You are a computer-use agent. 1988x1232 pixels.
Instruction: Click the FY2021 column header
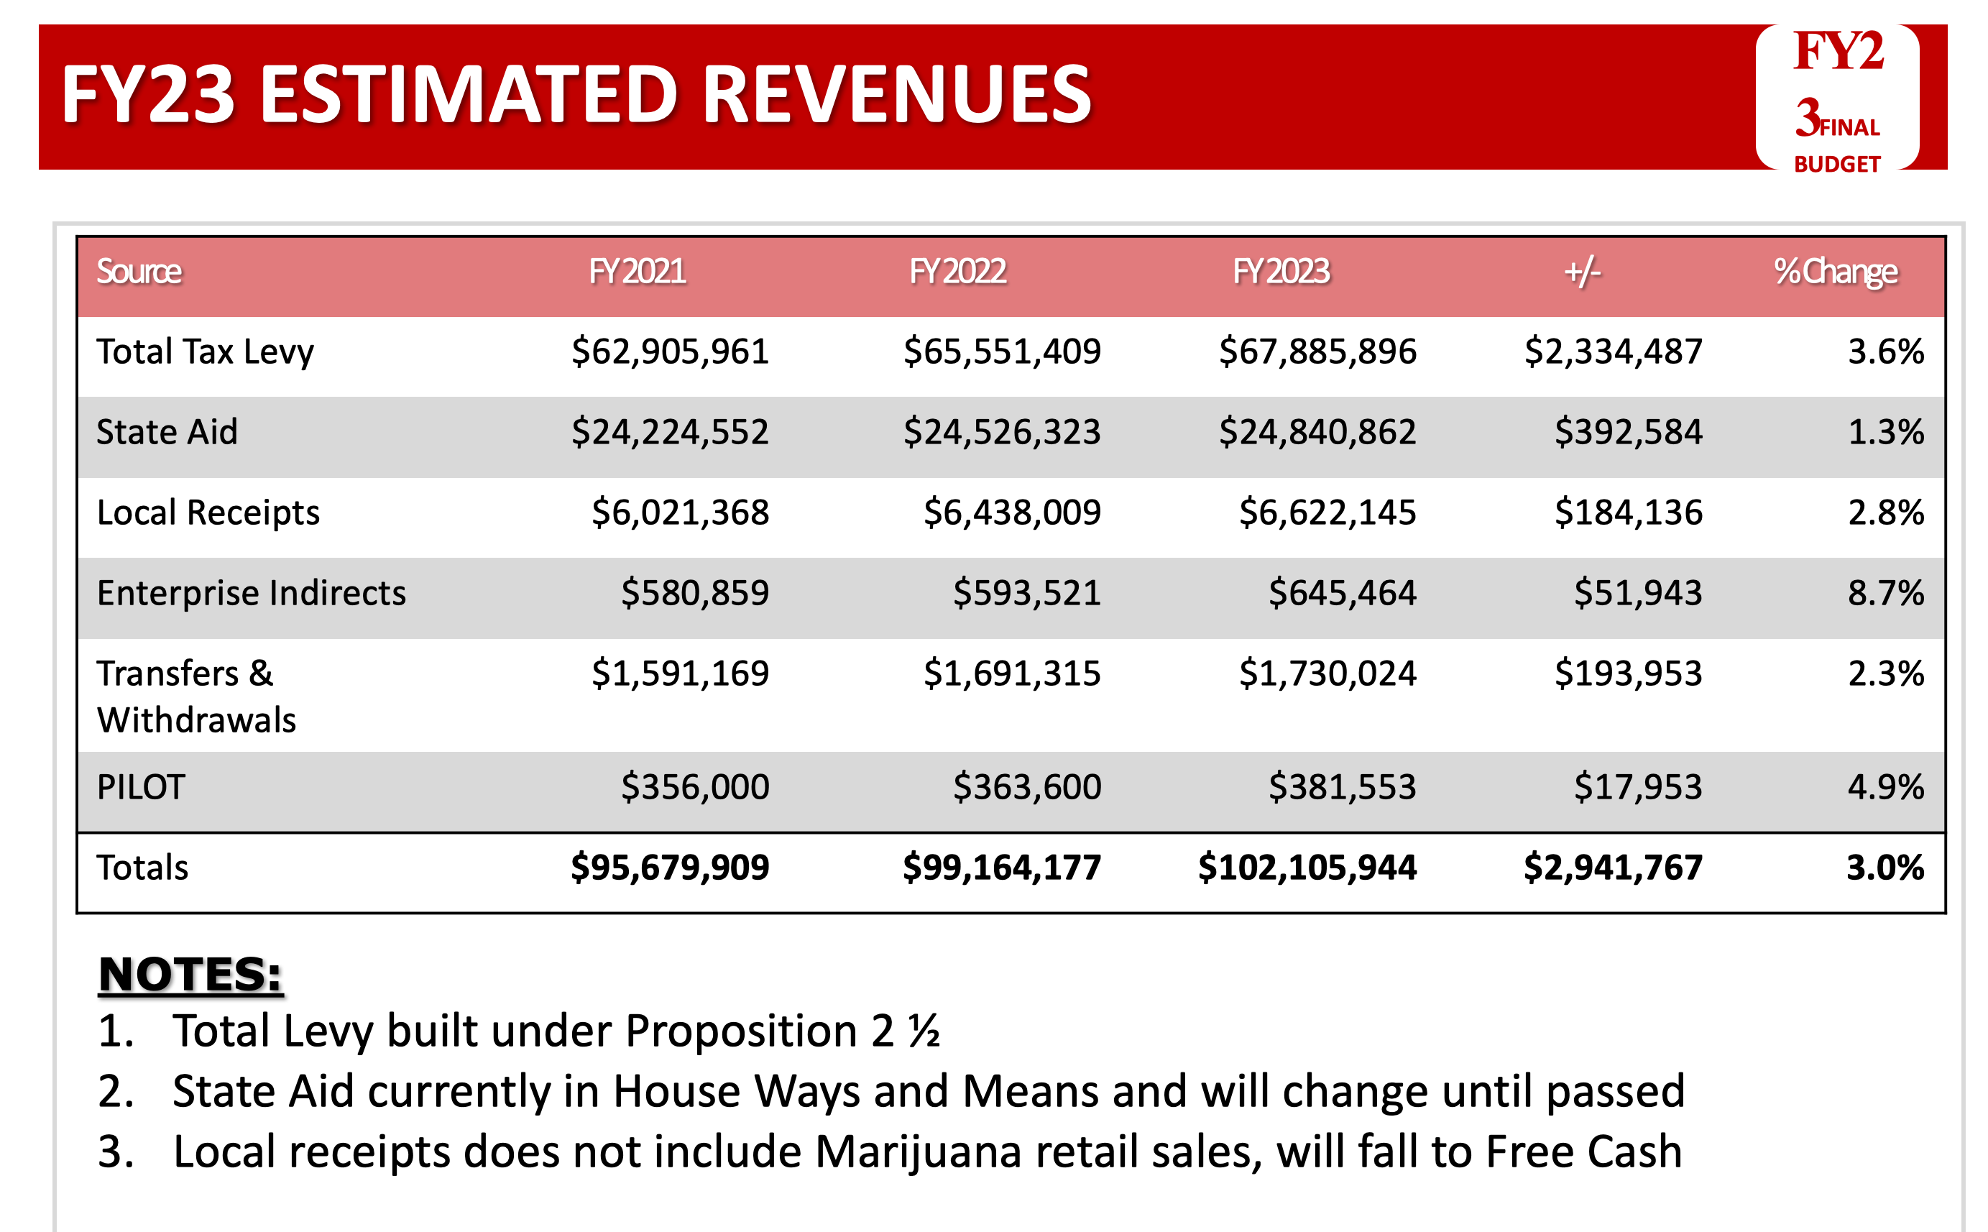point(637,271)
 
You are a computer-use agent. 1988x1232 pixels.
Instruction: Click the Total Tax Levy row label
point(205,352)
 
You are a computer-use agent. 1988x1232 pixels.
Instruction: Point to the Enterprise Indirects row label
point(251,593)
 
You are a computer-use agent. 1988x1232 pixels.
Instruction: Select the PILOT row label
point(141,787)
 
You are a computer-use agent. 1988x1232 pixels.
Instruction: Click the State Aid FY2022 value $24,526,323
point(1001,432)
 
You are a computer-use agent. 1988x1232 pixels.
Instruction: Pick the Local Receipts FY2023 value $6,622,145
point(1327,512)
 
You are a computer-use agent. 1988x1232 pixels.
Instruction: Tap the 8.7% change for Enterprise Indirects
point(1885,593)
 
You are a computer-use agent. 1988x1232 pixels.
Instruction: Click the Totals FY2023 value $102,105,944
point(1307,867)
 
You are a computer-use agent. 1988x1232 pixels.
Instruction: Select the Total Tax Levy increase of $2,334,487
point(1614,352)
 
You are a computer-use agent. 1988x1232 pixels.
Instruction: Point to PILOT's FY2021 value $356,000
point(695,787)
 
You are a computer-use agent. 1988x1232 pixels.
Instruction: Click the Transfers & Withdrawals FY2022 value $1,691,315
point(1012,674)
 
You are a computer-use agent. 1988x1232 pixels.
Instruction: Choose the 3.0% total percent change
point(1885,867)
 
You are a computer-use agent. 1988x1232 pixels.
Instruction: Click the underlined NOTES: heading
point(190,975)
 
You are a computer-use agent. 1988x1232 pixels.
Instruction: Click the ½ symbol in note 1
point(924,1031)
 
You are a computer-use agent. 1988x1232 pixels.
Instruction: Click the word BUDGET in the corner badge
point(1836,165)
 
